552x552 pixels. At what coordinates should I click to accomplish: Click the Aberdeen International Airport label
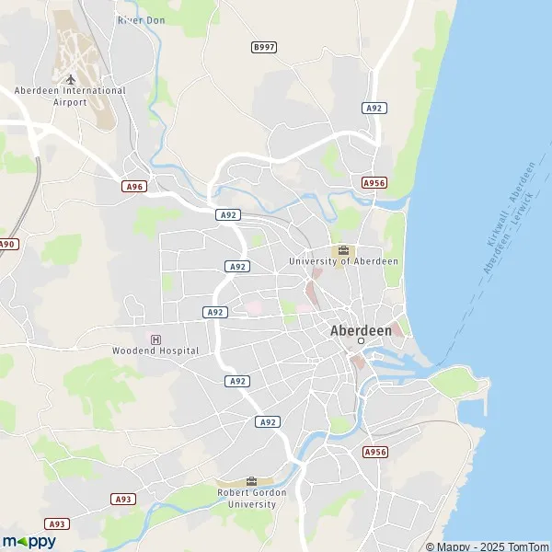(x=70, y=97)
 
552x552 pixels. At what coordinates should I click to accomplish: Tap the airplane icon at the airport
(x=70, y=79)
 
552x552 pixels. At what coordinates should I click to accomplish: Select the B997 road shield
(x=264, y=46)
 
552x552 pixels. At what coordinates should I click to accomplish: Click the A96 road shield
(x=134, y=186)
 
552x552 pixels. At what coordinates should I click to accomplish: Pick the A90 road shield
(x=6, y=244)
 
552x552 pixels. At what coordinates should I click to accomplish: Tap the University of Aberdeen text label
(x=344, y=261)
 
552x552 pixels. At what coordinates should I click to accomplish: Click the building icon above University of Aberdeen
(x=343, y=249)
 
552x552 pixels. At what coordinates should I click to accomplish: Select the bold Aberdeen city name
(x=361, y=329)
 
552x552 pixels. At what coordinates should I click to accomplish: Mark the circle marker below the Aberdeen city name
(x=361, y=341)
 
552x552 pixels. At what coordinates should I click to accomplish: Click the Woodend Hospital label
(x=155, y=351)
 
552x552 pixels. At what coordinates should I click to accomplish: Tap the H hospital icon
(x=155, y=339)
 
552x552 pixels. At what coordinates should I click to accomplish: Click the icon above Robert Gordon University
(x=251, y=481)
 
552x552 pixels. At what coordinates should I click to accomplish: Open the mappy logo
(x=29, y=541)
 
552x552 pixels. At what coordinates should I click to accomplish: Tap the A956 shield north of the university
(x=374, y=183)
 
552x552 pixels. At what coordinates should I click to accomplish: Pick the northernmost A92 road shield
(x=374, y=108)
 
